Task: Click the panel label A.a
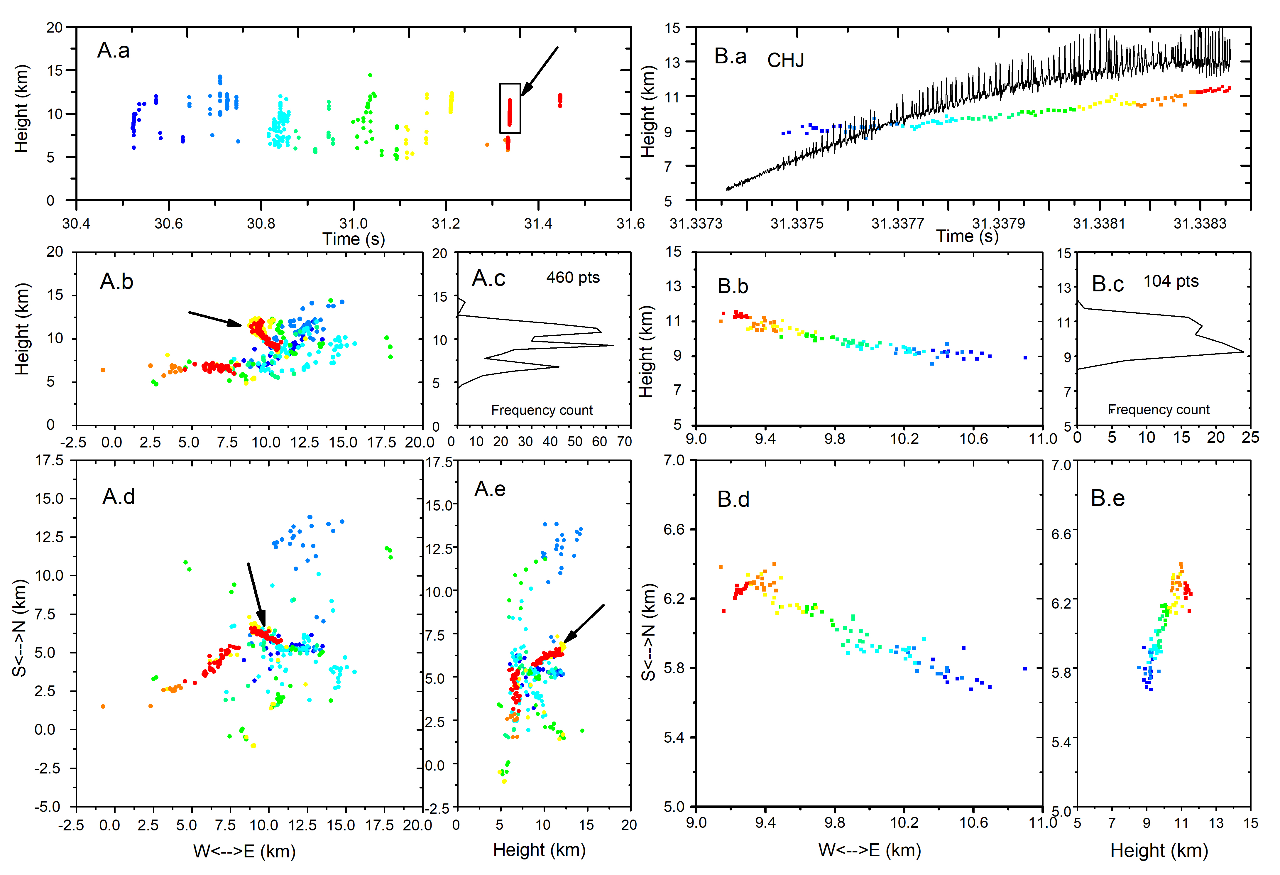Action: click(114, 51)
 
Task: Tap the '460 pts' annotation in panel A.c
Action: click(573, 278)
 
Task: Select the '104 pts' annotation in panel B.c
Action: click(1171, 282)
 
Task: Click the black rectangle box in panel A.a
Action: click(510, 109)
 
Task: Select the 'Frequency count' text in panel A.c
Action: click(542, 411)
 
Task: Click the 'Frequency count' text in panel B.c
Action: click(1159, 410)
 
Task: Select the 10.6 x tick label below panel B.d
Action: click(973, 823)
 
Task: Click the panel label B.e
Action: click(1107, 498)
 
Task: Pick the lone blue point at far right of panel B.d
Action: click(1025, 668)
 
